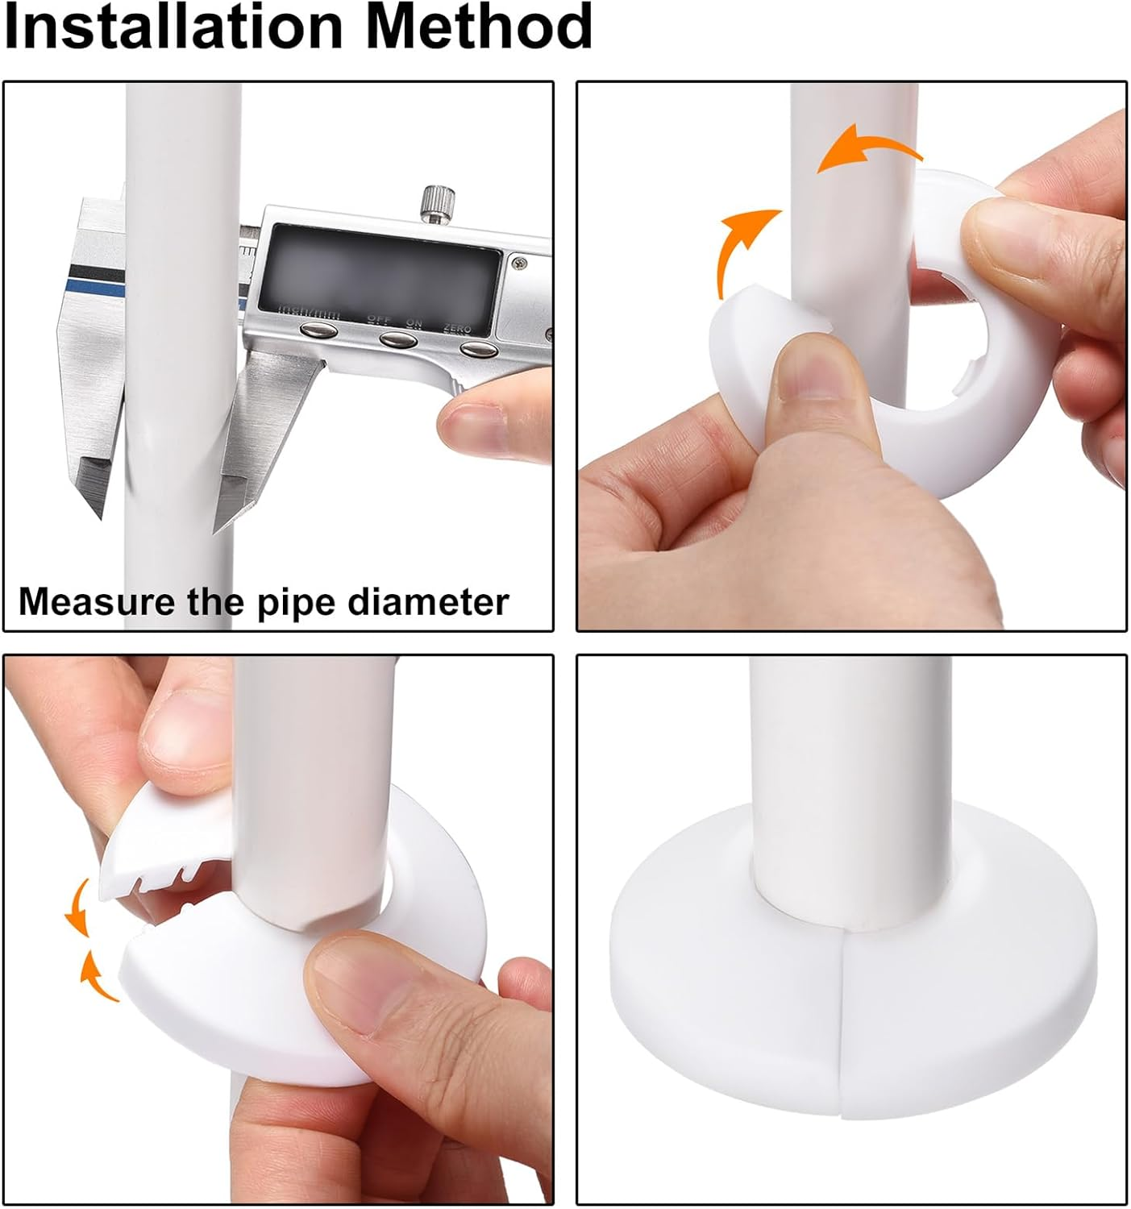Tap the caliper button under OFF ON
tap(399, 339)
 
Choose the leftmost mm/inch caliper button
tap(318, 330)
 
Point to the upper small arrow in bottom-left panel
tap(78, 907)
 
